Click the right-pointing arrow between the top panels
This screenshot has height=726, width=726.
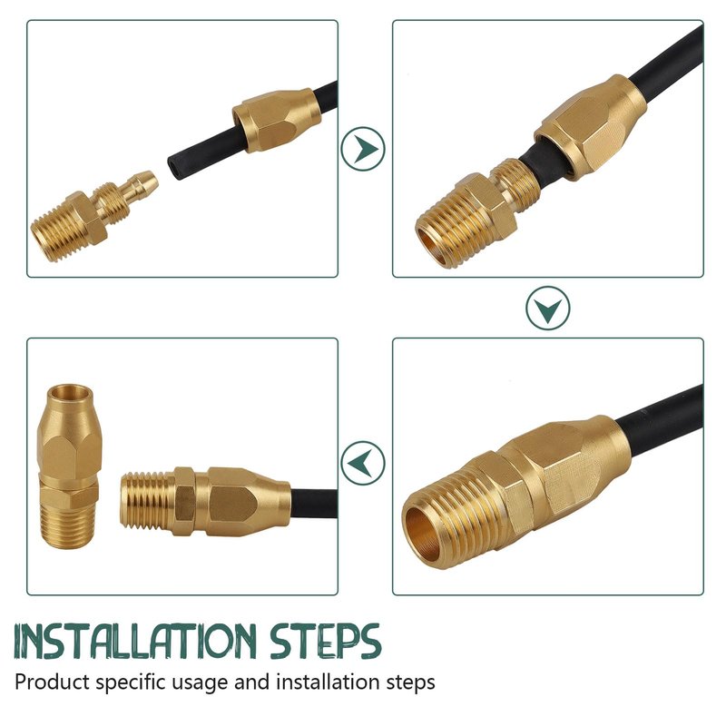pyautogui.click(x=363, y=149)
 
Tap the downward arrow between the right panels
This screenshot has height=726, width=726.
pyautogui.click(x=548, y=308)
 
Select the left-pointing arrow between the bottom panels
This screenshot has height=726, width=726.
pyautogui.click(x=363, y=463)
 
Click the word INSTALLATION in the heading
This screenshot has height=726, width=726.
pyautogui.click(x=135, y=642)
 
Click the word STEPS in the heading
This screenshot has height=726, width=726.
pyautogui.click(x=325, y=642)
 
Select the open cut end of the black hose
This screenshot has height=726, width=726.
pyautogui.click(x=174, y=166)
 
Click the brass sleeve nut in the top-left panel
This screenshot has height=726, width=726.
pyautogui.click(x=277, y=120)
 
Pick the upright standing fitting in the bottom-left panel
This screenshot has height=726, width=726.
pyautogui.click(x=69, y=466)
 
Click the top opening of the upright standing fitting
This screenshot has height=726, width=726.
pyautogui.click(x=70, y=394)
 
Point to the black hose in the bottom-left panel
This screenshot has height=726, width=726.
pyautogui.click(x=314, y=504)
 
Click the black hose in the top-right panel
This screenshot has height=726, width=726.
pyautogui.click(x=667, y=58)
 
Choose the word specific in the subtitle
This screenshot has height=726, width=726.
pyautogui.click(x=130, y=682)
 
